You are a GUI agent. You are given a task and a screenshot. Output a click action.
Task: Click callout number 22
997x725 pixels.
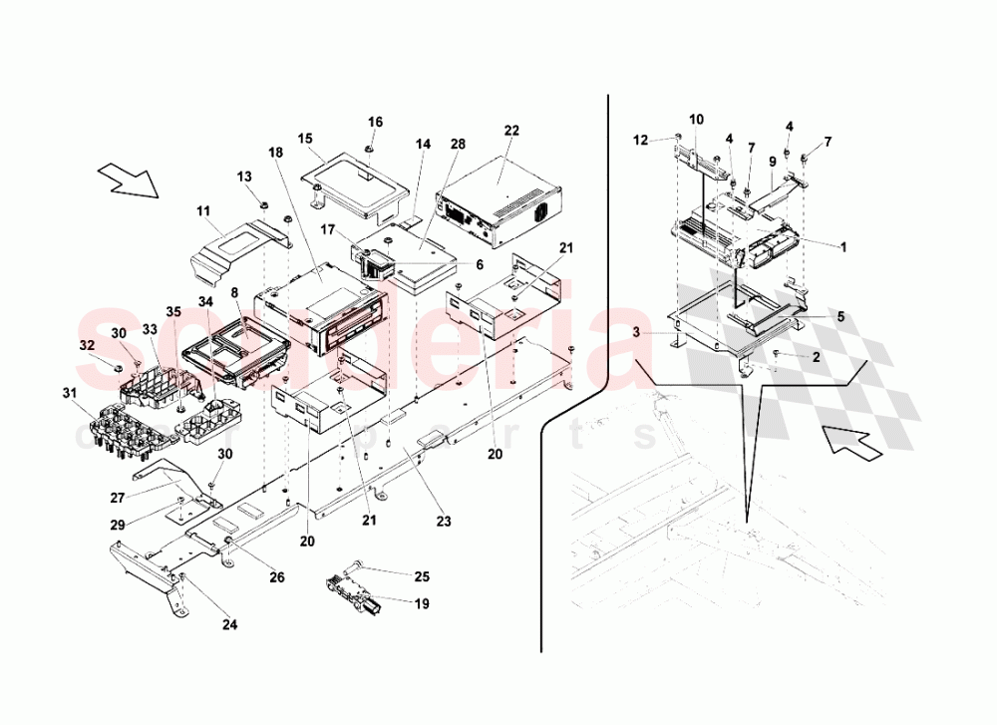[511, 131]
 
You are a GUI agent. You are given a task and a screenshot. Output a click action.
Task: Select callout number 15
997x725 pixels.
[305, 138]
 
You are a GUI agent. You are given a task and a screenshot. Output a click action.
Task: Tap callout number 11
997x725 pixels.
[203, 211]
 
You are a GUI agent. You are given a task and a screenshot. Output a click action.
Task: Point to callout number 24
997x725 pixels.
[230, 626]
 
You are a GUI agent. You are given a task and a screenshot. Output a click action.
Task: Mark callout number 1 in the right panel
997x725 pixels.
[843, 247]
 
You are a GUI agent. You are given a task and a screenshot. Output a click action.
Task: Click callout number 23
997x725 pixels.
[443, 521]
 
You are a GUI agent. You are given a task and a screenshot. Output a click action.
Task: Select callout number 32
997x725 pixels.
[87, 345]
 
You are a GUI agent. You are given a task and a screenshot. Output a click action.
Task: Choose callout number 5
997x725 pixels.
[839, 318]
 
